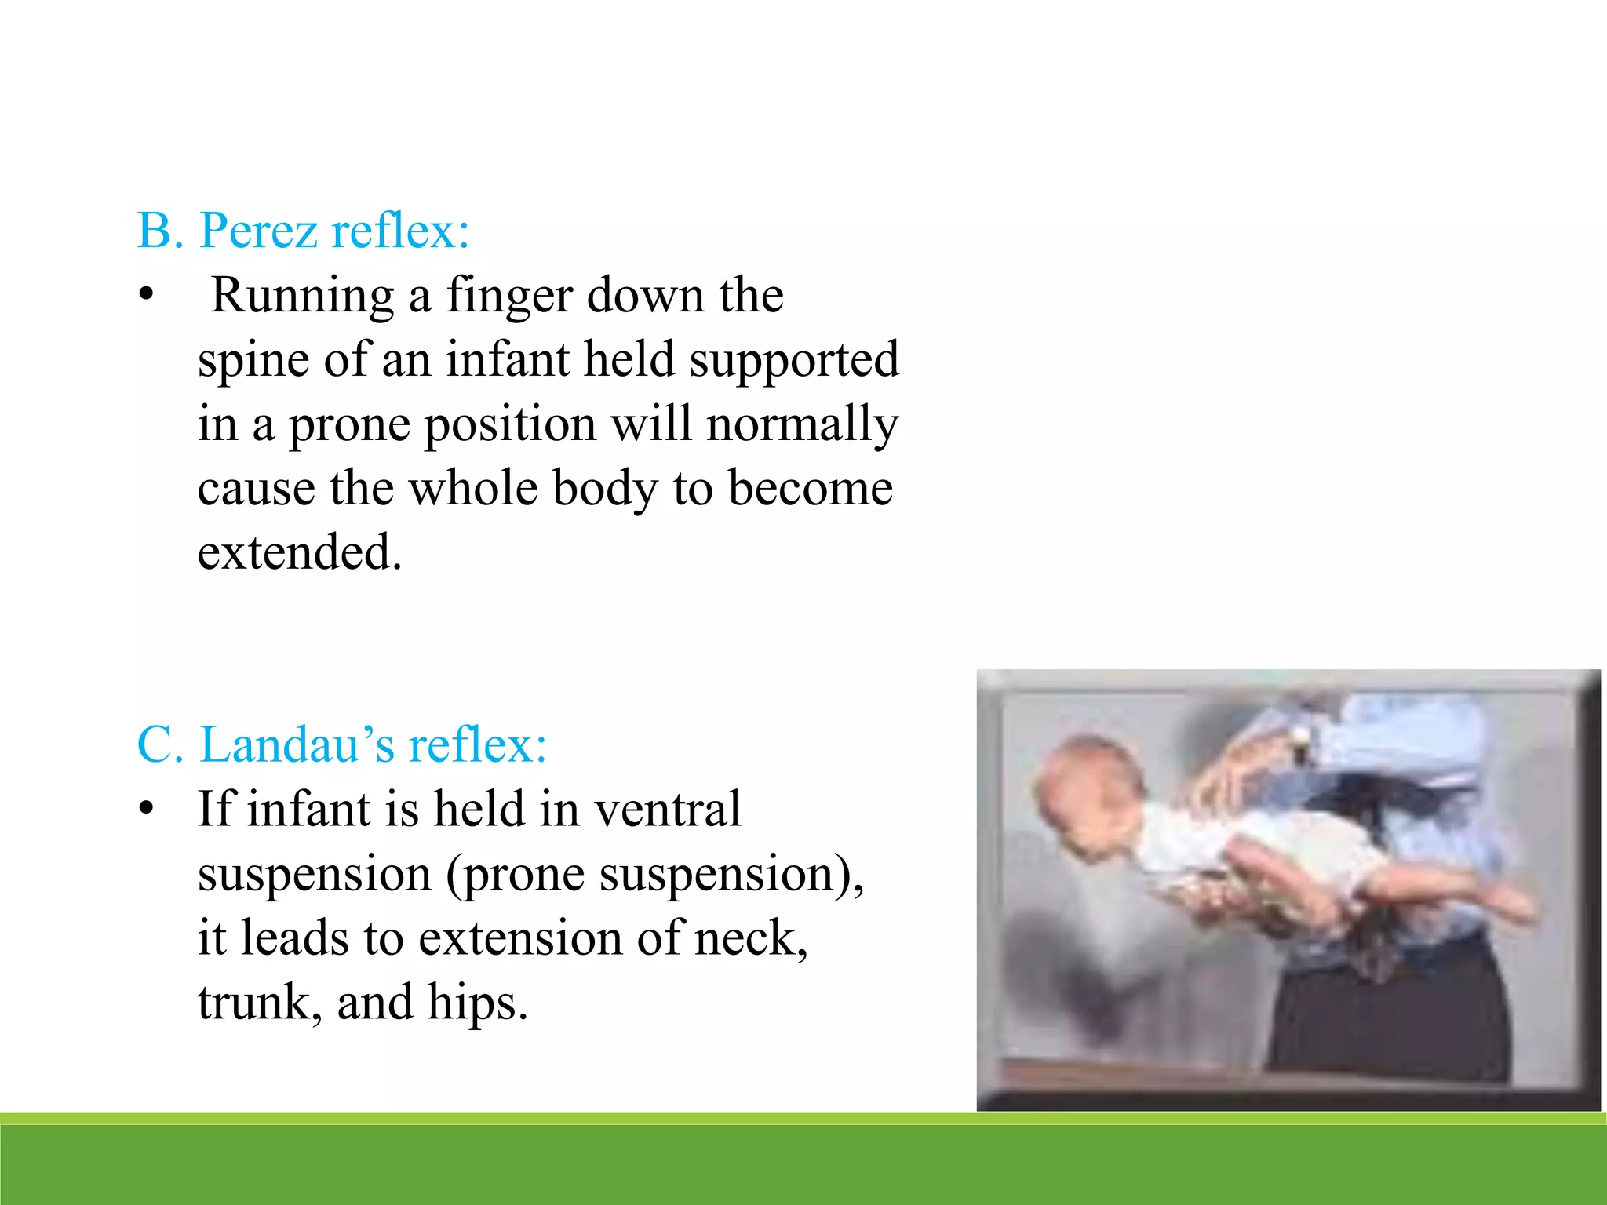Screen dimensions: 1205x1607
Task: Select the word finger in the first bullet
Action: pyautogui.click(x=509, y=297)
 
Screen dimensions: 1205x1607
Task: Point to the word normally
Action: pyautogui.click(x=802, y=425)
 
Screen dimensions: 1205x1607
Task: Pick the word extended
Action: pyautogui.click(x=299, y=552)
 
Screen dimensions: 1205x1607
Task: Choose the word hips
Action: pyautogui.click(x=477, y=1003)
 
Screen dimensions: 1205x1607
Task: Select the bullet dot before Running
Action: pyautogui.click(x=145, y=296)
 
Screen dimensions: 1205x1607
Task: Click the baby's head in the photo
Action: pyautogui.click(x=1087, y=792)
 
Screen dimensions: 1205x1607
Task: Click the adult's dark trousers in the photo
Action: pyautogui.click(x=1389, y=1012)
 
